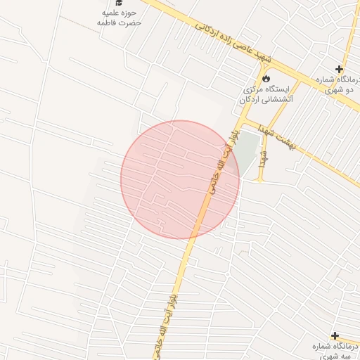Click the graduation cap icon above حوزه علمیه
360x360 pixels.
tap(119, 3)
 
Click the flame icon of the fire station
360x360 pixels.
tap(266, 77)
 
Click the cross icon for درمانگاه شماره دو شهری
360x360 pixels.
tap(340, 69)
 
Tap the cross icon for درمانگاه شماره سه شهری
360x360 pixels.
tap(335, 336)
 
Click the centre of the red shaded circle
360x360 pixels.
tap(180, 179)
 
